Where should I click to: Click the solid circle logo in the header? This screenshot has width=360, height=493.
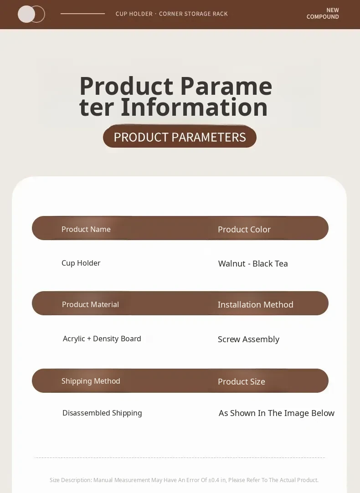tap(26, 14)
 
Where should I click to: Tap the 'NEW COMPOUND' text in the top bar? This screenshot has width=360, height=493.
tap(323, 14)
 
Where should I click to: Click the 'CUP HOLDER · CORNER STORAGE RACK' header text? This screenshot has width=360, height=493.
tap(172, 14)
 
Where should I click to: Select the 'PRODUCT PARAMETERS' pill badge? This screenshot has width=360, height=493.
tap(180, 137)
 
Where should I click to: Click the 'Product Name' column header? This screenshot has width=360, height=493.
tap(86, 229)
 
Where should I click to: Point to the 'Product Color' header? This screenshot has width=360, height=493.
tap(244, 230)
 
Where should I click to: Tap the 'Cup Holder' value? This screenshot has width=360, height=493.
tap(81, 263)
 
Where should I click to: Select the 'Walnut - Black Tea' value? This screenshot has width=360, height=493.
tap(253, 263)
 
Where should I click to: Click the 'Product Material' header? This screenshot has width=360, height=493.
tap(90, 304)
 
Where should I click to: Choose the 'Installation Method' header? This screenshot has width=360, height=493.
tap(255, 305)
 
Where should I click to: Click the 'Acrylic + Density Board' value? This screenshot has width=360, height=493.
tap(102, 339)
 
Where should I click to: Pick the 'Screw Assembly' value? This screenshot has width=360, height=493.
tap(248, 339)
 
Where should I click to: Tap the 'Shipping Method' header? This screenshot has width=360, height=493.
tap(91, 381)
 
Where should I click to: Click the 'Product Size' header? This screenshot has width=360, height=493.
tap(241, 382)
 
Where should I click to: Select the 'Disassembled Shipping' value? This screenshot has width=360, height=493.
tap(102, 413)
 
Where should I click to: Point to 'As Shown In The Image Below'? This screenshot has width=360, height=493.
tap(276, 413)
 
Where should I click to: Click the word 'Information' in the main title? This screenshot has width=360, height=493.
tap(194, 107)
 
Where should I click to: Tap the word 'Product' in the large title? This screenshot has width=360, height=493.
tap(126, 86)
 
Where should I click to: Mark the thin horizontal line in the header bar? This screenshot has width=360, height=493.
tap(82, 14)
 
